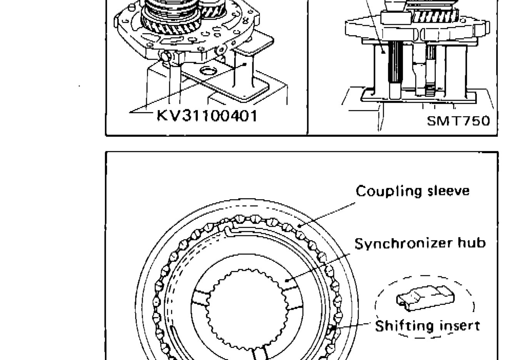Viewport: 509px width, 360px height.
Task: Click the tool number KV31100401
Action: [207, 115]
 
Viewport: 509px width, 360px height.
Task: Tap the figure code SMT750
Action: [459, 121]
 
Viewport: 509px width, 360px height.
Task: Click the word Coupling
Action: [382, 191]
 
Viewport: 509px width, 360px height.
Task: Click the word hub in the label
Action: [474, 243]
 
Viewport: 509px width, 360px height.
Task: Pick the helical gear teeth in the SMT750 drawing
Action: [435, 17]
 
